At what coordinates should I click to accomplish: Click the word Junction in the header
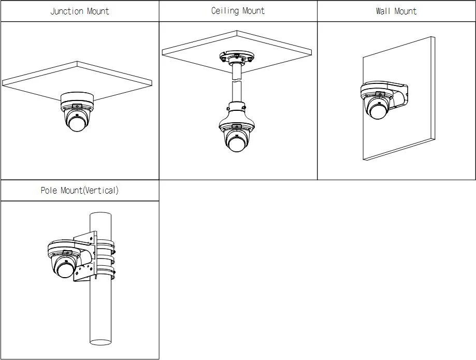coord(67,11)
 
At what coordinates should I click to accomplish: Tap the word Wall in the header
coord(383,11)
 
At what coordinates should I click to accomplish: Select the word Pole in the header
coord(49,190)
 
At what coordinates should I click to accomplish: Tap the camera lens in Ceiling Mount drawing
coord(237,143)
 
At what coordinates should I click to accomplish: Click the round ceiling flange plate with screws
coord(237,57)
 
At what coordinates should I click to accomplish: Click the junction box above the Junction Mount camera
coord(77,98)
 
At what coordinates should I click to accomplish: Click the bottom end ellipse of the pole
coord(100,342)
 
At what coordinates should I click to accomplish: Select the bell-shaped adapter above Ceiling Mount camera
coord(237,117)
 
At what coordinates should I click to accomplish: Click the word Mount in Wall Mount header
coord(406,11)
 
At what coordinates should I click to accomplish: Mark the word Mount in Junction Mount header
coord(98,11)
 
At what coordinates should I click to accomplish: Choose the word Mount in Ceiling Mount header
coord(253,11)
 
